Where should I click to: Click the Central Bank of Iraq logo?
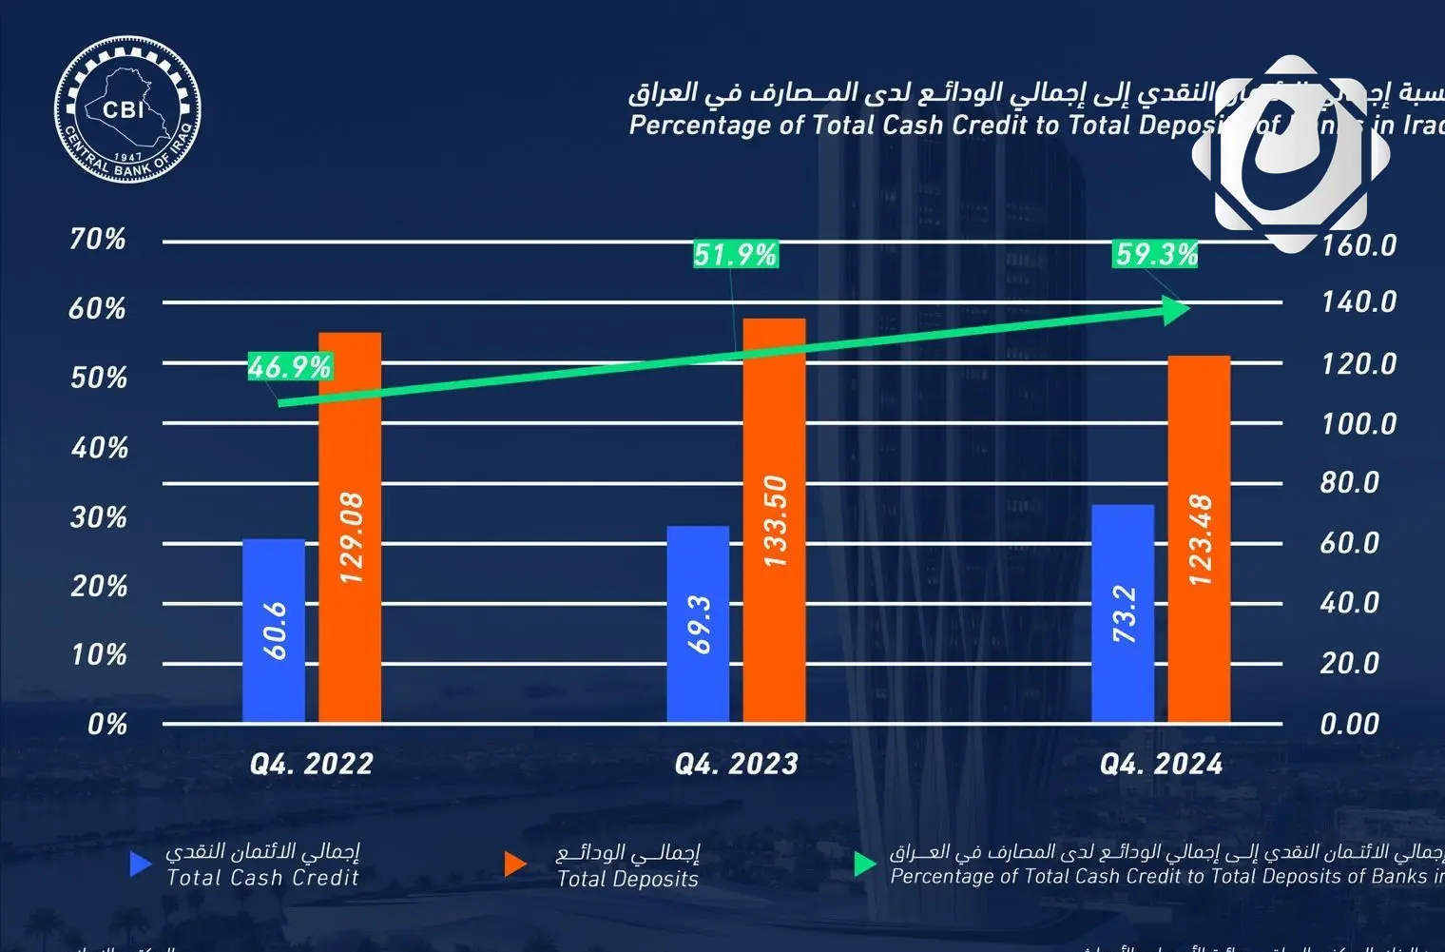coord(127,110)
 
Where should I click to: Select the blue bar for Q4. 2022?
coord(274,630)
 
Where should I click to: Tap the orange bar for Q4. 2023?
coord(774,520)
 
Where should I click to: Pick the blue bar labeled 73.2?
coord(1123,613)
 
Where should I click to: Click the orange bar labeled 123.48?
coord(1199,538)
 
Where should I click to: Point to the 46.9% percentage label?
coord(290,366)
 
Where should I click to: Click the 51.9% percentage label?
coord(735,254)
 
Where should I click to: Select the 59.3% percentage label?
coord(1156,254)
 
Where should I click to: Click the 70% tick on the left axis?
coord(98,239)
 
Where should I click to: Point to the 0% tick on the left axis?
coord(107,724)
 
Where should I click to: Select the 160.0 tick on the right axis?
coord(1358,245)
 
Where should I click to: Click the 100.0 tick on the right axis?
coord(1358,423)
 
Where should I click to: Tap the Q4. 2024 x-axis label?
coord(1161,764)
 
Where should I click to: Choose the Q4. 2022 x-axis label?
coord(312,764)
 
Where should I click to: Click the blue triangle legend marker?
coord(140,864)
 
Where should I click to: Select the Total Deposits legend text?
coord(627,878)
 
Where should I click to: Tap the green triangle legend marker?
coord(864,864)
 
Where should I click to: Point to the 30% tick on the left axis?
coord(99,517)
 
